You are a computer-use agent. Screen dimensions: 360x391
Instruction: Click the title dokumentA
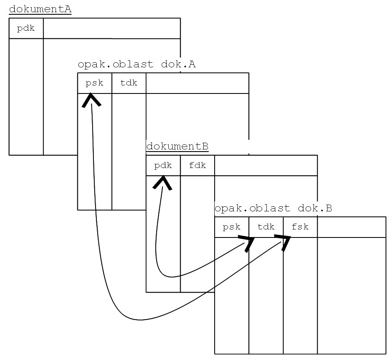click(40, 9)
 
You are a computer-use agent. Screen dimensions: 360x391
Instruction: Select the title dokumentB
click(177, 147)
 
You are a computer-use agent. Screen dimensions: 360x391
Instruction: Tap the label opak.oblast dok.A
click(136, 64)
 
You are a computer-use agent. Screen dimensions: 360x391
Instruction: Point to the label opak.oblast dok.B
click(273, 208)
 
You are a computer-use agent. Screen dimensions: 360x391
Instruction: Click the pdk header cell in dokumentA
click(26, 29)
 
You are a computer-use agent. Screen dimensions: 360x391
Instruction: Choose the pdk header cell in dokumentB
click(163, 165)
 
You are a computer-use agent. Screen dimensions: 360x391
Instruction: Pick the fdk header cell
click(197, 165)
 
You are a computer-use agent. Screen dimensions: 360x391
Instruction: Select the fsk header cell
click(300, 227)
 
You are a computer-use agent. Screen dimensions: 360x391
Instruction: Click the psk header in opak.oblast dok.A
click(94, 83)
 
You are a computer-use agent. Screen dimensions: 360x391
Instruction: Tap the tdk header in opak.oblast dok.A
click(129, 83)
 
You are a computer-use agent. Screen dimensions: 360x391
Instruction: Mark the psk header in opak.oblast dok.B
click(231, 227)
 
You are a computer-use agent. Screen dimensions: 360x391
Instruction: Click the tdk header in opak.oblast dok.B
click(266, 227)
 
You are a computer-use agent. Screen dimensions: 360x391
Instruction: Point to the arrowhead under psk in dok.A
click(91, 100)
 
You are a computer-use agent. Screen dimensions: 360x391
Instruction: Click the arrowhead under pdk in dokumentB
click(162, 182)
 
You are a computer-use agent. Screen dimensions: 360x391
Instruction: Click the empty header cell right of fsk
click(351, 227)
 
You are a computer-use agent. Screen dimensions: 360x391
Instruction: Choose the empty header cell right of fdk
click(266, 165)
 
